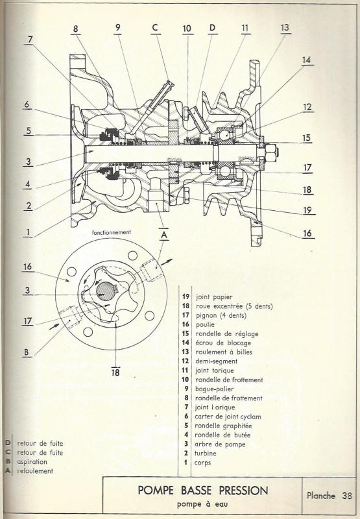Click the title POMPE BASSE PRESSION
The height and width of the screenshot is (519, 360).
(203, 490)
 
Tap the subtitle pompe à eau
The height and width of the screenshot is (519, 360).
(202, 505)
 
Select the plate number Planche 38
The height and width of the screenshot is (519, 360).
(330, 496)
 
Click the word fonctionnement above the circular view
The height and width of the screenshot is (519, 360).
(111, 232)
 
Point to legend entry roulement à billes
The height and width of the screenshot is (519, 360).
(224, 352)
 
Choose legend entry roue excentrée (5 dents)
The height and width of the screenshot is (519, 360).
(234, 306)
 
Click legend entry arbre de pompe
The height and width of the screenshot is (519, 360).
(220, 444)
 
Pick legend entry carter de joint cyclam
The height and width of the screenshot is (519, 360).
(228, 416)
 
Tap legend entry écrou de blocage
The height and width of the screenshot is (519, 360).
(223, 343)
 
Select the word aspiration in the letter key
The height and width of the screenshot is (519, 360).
(32, 462)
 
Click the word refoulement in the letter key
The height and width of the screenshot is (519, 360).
(35, 471)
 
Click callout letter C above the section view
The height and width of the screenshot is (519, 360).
(156, 27)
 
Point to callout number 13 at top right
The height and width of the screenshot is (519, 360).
(285, 28)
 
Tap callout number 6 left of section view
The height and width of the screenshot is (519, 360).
(27, 104)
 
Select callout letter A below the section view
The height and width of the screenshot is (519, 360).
(163, 235)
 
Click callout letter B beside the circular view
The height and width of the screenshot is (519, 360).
(27, 352)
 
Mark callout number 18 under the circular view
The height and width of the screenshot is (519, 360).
(115, 372)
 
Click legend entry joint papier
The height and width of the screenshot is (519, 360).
(214, 297)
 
